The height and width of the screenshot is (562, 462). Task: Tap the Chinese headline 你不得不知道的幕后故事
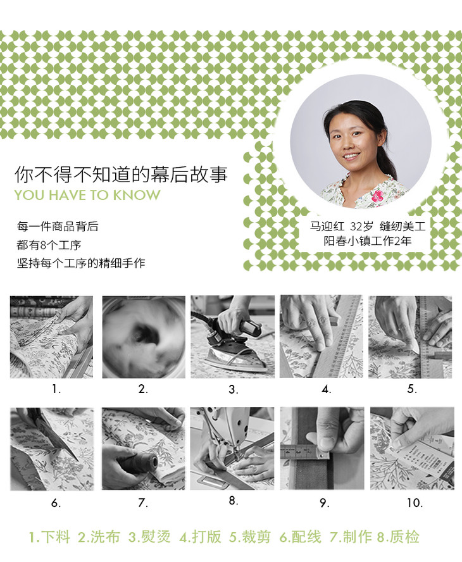(x=121, y=174)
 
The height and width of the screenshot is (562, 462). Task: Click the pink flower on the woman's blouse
(x=377, y=196)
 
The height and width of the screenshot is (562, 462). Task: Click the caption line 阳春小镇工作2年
(x=368, y=240)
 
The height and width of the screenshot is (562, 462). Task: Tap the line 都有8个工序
(x=49, y=245)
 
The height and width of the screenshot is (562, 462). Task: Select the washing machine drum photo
(x=144, y=337)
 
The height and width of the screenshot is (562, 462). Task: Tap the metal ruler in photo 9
(x=304, y=453)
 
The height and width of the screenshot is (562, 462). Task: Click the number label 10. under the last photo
(x=415, y=503)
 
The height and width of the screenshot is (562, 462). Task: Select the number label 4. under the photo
(x=326, y=389)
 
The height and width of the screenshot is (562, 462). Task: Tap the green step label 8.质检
(x=398, y=537)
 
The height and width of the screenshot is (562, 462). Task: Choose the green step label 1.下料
(x=49, y=537)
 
